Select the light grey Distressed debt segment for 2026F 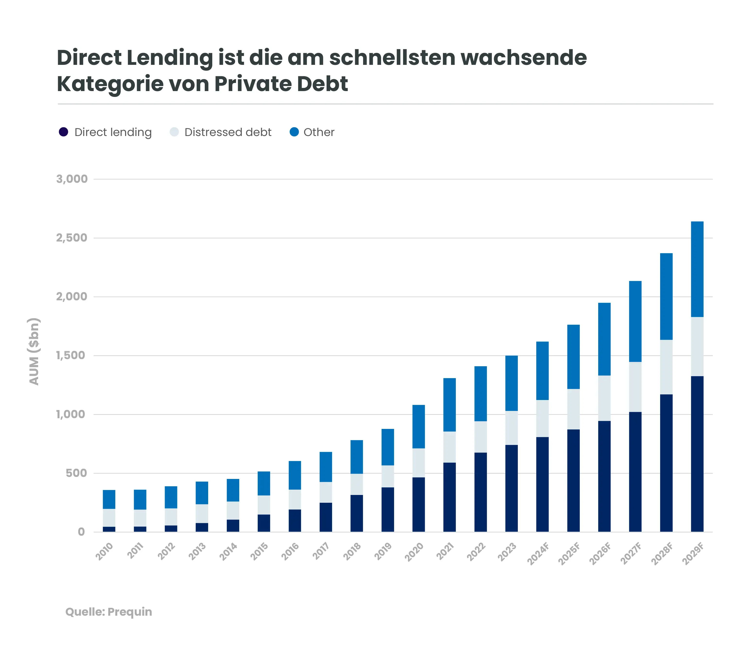point(604,398)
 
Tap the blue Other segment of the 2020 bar point(418,426)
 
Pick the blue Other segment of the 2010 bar point(109,499)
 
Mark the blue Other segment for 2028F point(666,296)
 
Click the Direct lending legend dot point(63,132)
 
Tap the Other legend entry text point(319,132)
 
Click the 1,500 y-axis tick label point(71,355)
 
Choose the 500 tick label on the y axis point(76,473)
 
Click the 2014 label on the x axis point(228,551)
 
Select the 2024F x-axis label point(538,553)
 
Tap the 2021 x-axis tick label point(445,551)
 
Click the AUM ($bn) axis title point(34,351)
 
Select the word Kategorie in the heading point(110,84)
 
